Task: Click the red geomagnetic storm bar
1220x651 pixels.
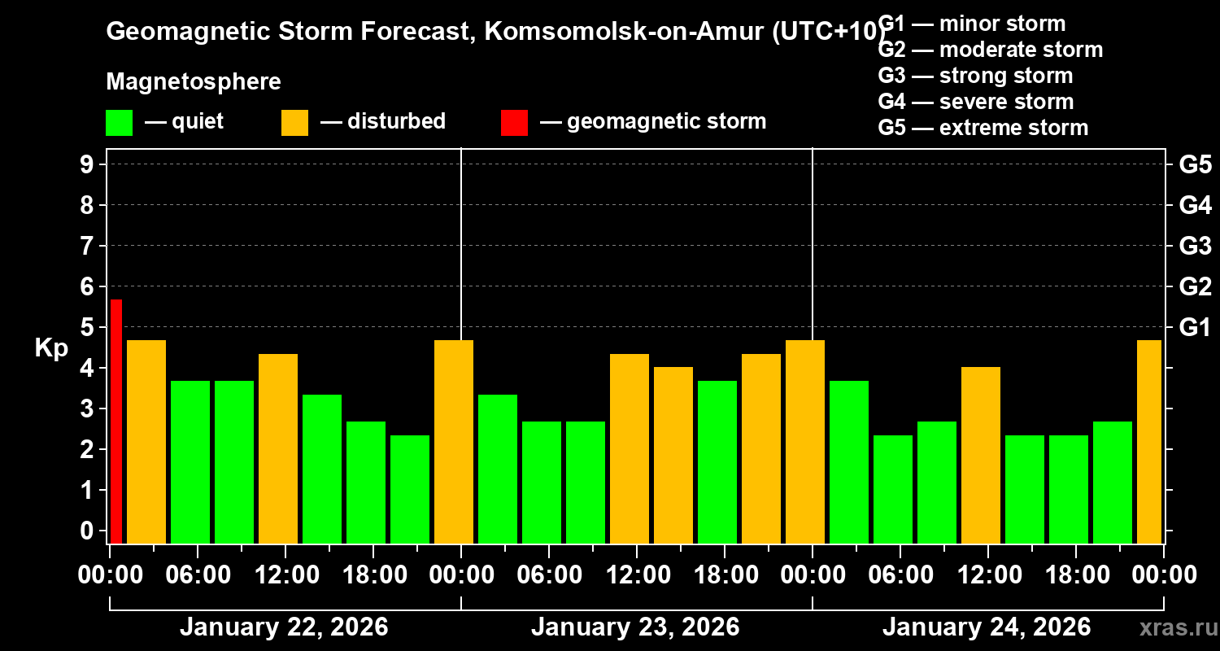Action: coord(116,421)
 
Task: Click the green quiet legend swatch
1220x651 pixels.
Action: coord(119,123)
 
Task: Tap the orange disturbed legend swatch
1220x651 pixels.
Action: coord(294,123)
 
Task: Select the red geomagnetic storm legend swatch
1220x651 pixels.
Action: coord(514,123)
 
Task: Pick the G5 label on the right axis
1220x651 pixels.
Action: coord(1195,165)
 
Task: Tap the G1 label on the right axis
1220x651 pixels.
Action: coord(1195,328)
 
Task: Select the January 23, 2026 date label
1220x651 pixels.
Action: coord(635,627)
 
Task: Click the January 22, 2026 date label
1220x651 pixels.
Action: coord(284,627)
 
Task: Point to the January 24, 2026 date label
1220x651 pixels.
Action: coord(987,627)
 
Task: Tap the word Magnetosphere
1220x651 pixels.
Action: coord(194,82)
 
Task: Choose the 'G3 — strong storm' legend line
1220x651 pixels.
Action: coord(975,76)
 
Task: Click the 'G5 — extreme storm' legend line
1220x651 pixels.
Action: coord(983,128)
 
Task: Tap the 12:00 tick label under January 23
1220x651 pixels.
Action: coord(635,575)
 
